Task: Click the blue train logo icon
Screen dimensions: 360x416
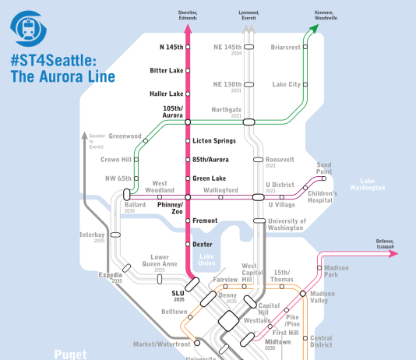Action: [30, 28]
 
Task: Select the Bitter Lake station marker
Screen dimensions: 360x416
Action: [188, 71]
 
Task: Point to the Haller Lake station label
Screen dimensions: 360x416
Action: [166, 94]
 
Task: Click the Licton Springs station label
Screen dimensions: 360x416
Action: [213, 140]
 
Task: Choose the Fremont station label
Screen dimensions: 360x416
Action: [205, 221]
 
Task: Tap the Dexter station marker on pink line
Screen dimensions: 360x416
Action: [188, 245]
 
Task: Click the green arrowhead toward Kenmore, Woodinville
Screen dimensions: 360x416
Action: [314, 30]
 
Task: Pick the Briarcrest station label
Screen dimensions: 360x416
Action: [285, 48]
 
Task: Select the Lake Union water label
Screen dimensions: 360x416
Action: [206, 259]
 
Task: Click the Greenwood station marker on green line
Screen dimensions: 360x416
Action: [146, 140]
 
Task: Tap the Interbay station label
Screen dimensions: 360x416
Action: [91, 235]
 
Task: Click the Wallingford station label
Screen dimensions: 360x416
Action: [220, 189]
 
